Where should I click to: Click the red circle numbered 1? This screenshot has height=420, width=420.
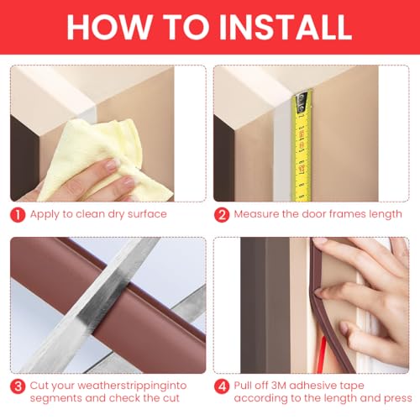point(18,214)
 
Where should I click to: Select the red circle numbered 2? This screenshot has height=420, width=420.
point(222,214)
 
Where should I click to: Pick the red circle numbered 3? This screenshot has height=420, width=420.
point(18,387)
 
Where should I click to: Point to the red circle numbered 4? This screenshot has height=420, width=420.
point(222,387)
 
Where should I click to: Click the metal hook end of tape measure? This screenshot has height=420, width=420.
point(300,99)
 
